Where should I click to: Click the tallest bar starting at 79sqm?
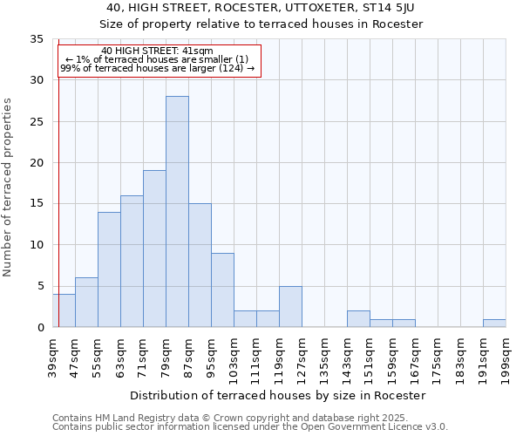[x=177, y=212]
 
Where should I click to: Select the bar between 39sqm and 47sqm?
[x=64, y=310]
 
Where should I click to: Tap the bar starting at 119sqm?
[x=290, y=307]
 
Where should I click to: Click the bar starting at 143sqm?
[x=358, y=319]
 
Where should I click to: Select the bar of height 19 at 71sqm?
[x=154, y=249]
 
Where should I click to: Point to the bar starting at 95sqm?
[x=222, y=290]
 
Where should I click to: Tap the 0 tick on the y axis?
[x=40, y=328]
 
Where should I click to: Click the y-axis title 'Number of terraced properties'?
[x=8, y=187]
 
